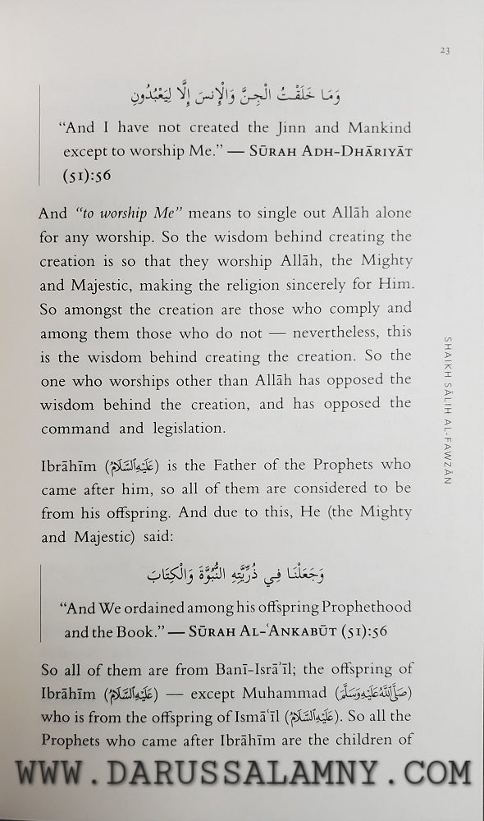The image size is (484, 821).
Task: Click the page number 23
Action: click(x=444, y=51)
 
